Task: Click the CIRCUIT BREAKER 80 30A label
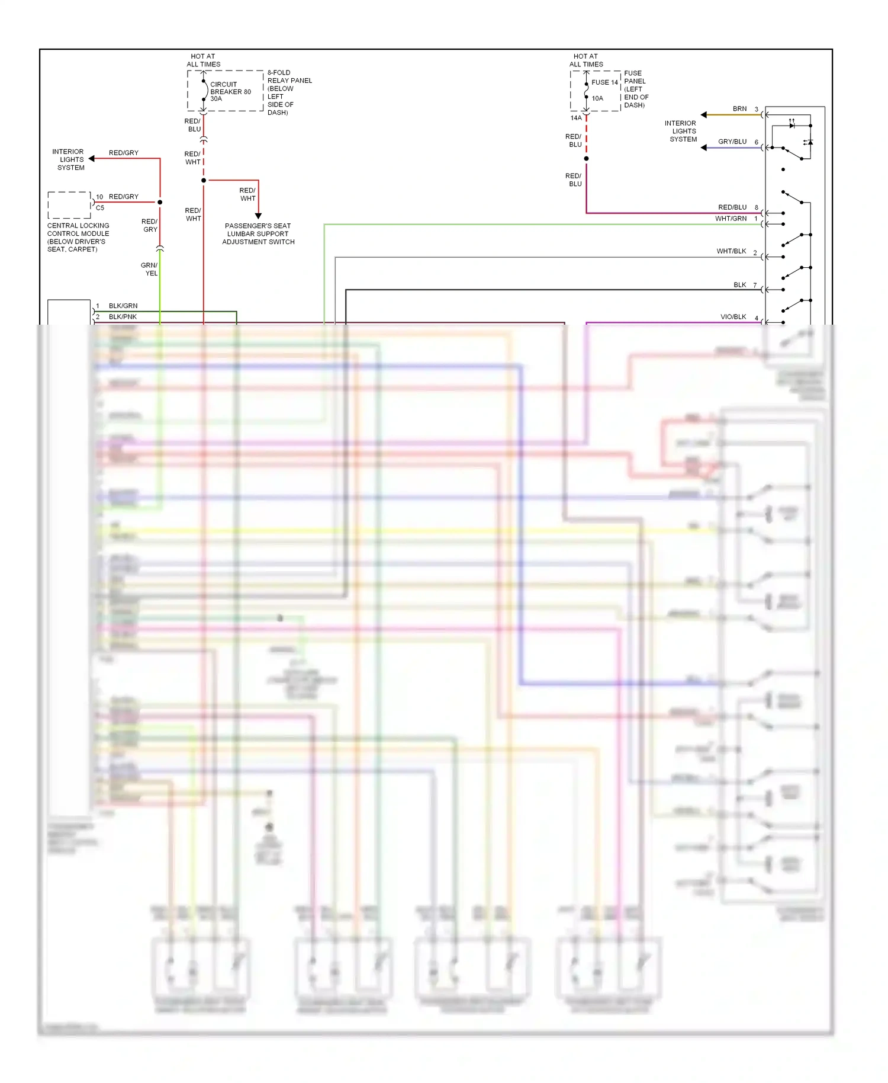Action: [x=230, y=91]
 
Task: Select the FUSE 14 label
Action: [x=604, y=82]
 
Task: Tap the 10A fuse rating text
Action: [x=597, y=98]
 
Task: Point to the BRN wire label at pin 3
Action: [x=739, y=109]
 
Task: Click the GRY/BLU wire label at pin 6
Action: [x=732, y=142]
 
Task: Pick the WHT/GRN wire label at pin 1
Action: [x=731, y=219]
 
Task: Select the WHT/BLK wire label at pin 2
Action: [x=731, y=251]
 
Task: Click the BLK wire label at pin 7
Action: [x=739, y=285]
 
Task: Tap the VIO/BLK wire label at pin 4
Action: [x=733, y=317]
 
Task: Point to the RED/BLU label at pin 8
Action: [x=732, y=207]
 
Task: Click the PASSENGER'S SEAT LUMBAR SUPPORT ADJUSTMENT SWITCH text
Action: [x=258, y=234]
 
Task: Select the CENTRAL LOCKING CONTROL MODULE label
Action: [x=78, y=237]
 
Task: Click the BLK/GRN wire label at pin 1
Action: [x=123, y=306]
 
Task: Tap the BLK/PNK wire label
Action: [x=123, y=317]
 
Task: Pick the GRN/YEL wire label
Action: [x=150, y=269]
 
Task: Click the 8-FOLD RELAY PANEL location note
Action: [x=289, y=92]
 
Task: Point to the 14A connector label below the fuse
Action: [x=575, y=118]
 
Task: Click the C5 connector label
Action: [x=100, y=208]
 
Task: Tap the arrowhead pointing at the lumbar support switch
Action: [x=258, y=216]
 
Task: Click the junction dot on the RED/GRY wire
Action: [x=160, y=202]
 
